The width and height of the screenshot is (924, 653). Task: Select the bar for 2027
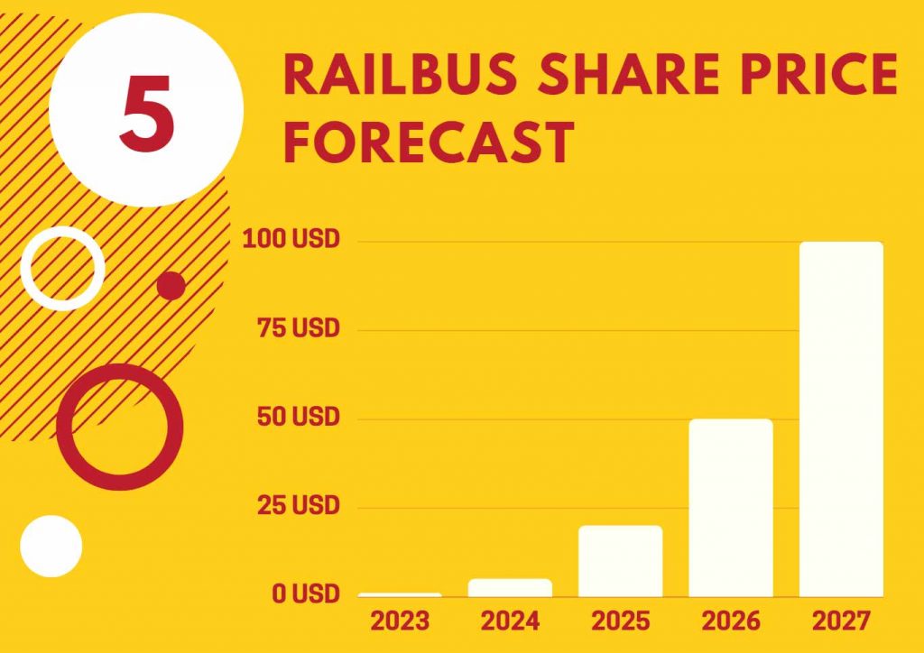click(841, 419)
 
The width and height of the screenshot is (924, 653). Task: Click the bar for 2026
click(731, 508)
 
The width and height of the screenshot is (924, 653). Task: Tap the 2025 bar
click(621, 561)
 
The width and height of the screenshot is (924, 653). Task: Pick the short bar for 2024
click(510, 588)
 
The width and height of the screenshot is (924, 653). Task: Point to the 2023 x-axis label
click(400, 621)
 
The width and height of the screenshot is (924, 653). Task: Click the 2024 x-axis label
click(510, 621)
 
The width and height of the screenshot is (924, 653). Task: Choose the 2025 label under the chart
click(621, 621)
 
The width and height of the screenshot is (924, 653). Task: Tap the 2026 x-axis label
click(731, 621)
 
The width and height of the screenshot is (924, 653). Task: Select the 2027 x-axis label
click(841, 621)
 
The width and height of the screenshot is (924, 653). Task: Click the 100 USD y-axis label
click(291, 239)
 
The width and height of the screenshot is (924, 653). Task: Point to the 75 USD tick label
click(298, 328)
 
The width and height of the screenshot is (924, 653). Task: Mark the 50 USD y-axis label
click(298, 417)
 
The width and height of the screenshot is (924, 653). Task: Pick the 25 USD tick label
click(298, 505)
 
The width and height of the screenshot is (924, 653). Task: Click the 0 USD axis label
click(306, 594)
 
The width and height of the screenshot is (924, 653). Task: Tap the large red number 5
click(147, 112)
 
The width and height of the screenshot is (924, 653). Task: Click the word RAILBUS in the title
click(400, 74)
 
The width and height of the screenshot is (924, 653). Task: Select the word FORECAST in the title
click(429, 142)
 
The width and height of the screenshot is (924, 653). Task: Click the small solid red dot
click(171, 286)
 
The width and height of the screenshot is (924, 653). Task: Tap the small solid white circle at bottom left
click(51, 547)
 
